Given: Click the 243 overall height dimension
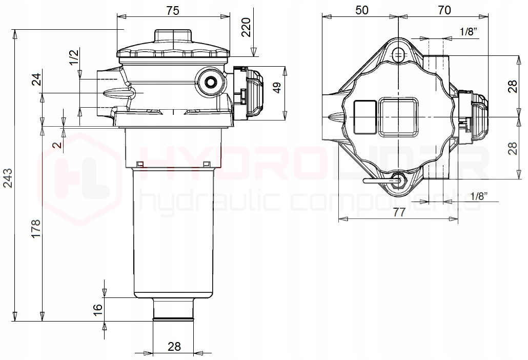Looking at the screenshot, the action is click(7, 178).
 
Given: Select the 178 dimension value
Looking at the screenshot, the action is click(35, 229).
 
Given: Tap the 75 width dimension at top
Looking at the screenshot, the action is click(173, 11).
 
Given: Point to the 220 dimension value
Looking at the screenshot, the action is click(247, 27).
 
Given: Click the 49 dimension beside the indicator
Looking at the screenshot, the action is click(277, 88).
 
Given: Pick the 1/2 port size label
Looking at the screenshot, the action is click(74, 57).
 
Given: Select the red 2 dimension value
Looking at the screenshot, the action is click(58, 145).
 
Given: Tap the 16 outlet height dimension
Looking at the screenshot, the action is click(97, 309).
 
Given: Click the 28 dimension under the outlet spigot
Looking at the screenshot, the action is click(174, 346).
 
